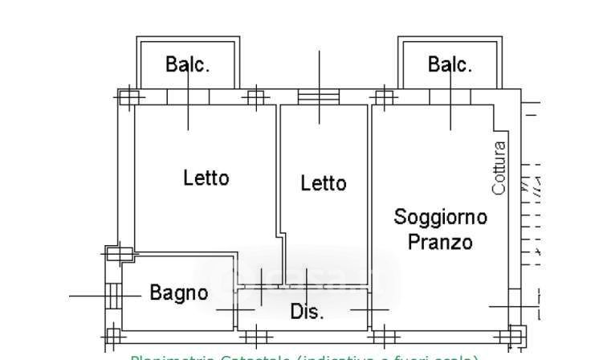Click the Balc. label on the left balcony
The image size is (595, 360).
click(188, 65)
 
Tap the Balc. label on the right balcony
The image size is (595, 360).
click(450, 65)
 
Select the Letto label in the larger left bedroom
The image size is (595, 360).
click(206, 177)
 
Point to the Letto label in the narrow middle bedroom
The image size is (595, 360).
click(323, 183)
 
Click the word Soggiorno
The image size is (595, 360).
click(440, 216)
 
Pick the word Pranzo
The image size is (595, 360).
click(439, 241)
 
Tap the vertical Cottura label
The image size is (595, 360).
click(499, 168)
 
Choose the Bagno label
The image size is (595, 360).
click(179, 293)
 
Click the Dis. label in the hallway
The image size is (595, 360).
click(307, 312)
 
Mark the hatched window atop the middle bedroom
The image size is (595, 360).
click(319, 96)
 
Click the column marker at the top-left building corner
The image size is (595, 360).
click(129, 97)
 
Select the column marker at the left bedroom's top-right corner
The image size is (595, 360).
click(255, 98)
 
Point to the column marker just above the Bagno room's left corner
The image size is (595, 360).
click(118, 254)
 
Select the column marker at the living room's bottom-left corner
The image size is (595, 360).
click(385, 335)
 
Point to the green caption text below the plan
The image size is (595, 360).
click(305, 356)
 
